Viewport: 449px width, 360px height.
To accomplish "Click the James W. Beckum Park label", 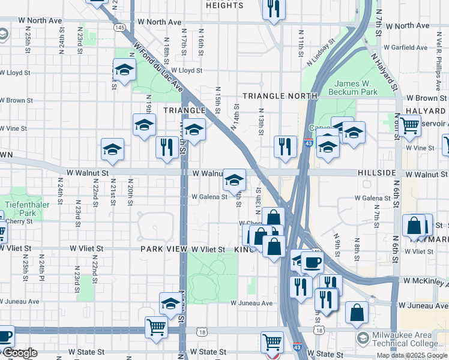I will click(356, 88).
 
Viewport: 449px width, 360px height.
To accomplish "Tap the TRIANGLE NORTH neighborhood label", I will click(280, 96).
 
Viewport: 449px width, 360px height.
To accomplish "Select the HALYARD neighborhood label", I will click(425, 111).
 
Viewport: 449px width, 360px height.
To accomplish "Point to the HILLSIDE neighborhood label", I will click(377, 173).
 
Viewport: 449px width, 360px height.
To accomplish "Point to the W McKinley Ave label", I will click(426, 281).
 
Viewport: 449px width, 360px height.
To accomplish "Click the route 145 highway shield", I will click(119, 28).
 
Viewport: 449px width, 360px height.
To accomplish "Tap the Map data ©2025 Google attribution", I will click(412, 355).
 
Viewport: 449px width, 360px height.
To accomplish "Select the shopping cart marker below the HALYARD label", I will click(409, 125).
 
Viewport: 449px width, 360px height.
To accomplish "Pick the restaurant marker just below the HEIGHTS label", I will click(273, 8).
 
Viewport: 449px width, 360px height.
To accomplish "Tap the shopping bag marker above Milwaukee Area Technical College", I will click(357, 311).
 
